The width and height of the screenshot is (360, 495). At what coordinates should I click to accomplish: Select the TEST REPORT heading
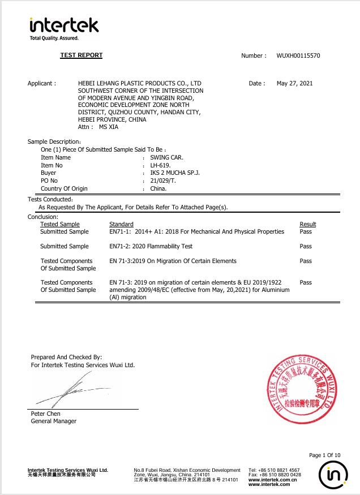(82, 55)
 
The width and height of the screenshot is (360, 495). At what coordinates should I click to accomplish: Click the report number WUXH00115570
(298, 56)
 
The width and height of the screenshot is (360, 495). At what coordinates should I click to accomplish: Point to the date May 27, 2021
(294, 84)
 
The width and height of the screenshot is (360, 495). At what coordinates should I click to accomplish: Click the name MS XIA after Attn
(109, 127)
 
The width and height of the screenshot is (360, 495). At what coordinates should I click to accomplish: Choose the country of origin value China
(158, 189)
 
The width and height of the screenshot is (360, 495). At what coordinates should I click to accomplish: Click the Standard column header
(121, 225)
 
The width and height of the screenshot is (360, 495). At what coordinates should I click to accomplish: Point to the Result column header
(308, 225)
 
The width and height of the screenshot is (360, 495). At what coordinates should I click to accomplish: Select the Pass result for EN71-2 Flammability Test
(306, 247)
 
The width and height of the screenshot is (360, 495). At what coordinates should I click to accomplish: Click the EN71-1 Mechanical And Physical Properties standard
(196, 232)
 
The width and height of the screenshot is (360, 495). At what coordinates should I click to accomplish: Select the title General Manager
(53, 421)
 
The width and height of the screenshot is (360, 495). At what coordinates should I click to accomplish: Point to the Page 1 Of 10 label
(325, 455)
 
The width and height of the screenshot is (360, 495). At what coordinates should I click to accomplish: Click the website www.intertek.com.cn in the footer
(269, 480)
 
